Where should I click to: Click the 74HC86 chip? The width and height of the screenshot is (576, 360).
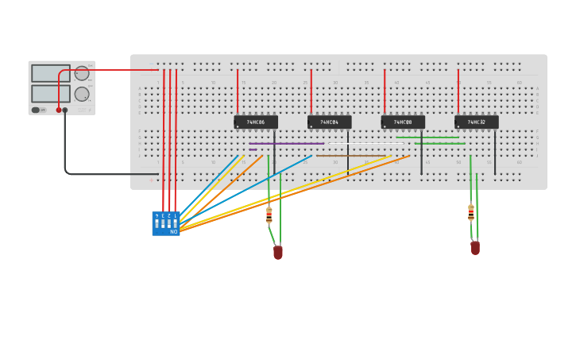click(x=256, y=122)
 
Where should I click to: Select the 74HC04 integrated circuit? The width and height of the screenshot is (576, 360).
click(x=329, y=122)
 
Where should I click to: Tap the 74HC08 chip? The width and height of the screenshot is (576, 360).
click(x=403, y=122)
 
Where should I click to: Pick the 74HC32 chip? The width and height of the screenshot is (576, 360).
click(x=477, y=122)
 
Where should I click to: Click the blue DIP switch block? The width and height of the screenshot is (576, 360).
click(x=166, y=223)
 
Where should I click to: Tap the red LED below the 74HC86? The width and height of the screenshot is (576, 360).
click(x=278, y=253)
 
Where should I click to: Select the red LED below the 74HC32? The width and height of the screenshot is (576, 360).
click(x=475, y=248)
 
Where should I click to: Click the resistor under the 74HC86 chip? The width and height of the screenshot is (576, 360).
click(x=269, y=215)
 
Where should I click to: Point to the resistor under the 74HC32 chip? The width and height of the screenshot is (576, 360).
click(x=471, y=212)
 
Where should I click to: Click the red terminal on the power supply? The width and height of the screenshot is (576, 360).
click(x=58, y=110)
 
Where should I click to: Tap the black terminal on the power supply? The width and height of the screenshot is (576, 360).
click(x=65, y=110)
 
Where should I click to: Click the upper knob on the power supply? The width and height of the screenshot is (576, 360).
click(x=82, y=74)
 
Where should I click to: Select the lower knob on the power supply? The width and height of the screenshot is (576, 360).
click(x=82, y=94)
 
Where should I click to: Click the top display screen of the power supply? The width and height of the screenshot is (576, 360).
click(x=51, y=73)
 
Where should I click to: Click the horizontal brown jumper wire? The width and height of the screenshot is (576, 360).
click(x=350, y=156)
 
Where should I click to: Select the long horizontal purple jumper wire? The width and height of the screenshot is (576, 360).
click(x=286, y=144)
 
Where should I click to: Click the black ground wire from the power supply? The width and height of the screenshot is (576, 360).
click(x=65, y=151)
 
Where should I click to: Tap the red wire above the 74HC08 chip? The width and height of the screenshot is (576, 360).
click(x=385, y=91)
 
